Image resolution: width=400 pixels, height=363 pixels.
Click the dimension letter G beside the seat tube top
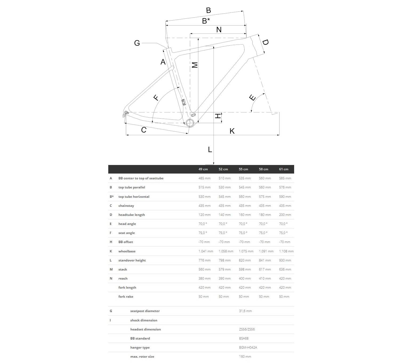pos(137,43)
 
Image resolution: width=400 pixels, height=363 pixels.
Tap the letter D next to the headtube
pos(265,42)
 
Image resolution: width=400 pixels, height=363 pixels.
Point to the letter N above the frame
pos(219,30)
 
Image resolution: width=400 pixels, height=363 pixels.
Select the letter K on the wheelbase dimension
pos(232,131)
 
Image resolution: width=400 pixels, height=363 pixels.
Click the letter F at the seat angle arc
pos(156,98)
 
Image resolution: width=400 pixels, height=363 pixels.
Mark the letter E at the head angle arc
pos(252,98)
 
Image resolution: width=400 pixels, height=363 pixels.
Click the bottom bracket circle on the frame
pos(190,123)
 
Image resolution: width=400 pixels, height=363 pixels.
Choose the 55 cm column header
pos(243,169)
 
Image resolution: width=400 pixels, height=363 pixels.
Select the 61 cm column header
pos(284,169)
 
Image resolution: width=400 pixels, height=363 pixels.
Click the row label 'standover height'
pos(132,260)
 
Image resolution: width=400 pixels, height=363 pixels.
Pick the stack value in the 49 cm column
pos(205,269)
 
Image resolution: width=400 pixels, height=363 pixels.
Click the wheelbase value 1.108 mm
pos(286,251)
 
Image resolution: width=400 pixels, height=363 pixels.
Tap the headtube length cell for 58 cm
pos(265,215)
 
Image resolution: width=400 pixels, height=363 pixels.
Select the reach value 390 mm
pos(225,279)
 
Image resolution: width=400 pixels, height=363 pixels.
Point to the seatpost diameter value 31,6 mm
pos(245,311)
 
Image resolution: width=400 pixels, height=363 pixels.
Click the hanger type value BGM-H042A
pos(248,348)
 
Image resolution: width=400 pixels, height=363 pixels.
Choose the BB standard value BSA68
pos(244,338)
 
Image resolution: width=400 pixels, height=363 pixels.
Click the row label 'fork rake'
pos(126,297)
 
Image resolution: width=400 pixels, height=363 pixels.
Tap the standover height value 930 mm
pos(285,260)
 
